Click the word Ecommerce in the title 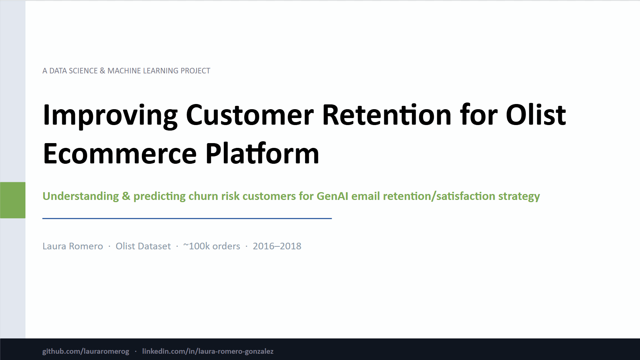click(x=120, y=154)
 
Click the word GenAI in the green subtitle click(x=332, y=196)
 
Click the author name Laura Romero click(x=73, y=246)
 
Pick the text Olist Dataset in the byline click(x=143, y=246)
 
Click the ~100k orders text click(x=212, y=246)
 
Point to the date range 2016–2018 click(x=277, y=246)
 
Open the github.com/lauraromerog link click(x=86, y=351)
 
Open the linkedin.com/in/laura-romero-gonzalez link click(x=208, y=351)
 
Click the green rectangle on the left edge click(x=13, y=200)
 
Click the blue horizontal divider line click(x=187, y=218)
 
